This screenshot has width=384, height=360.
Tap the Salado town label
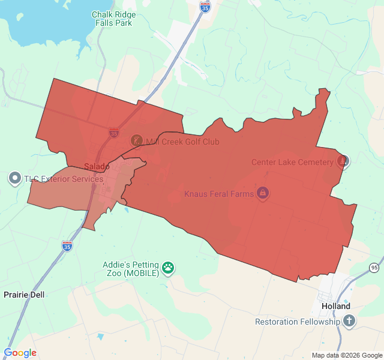coord(97,166)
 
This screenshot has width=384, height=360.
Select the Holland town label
coord(335,306)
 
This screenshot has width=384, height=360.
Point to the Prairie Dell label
coord(24,295)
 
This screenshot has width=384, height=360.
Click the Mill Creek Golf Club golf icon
coord(137,141)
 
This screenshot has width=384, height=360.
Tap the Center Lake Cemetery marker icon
coord(343,161)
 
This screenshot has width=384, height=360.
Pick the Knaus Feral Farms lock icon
coord(262,193)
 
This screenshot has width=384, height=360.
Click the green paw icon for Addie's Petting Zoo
coord(169,268)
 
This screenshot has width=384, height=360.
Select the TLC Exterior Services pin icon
coord(14,178)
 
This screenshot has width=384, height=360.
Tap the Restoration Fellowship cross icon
coord(349,321)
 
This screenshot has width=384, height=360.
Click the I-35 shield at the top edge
coord(205,6)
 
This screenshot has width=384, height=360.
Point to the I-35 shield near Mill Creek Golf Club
coord(114,133)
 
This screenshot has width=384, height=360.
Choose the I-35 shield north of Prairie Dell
coord(67,246)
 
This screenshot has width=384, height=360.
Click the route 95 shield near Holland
coord(374,267)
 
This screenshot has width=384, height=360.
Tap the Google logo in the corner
coord(20,353)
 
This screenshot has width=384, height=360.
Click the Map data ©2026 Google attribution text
coord(346,355)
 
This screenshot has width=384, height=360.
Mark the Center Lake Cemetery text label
coord(292,162)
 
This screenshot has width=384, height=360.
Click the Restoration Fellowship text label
coord(298,322)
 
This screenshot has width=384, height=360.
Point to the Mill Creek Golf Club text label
coord(182,142)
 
